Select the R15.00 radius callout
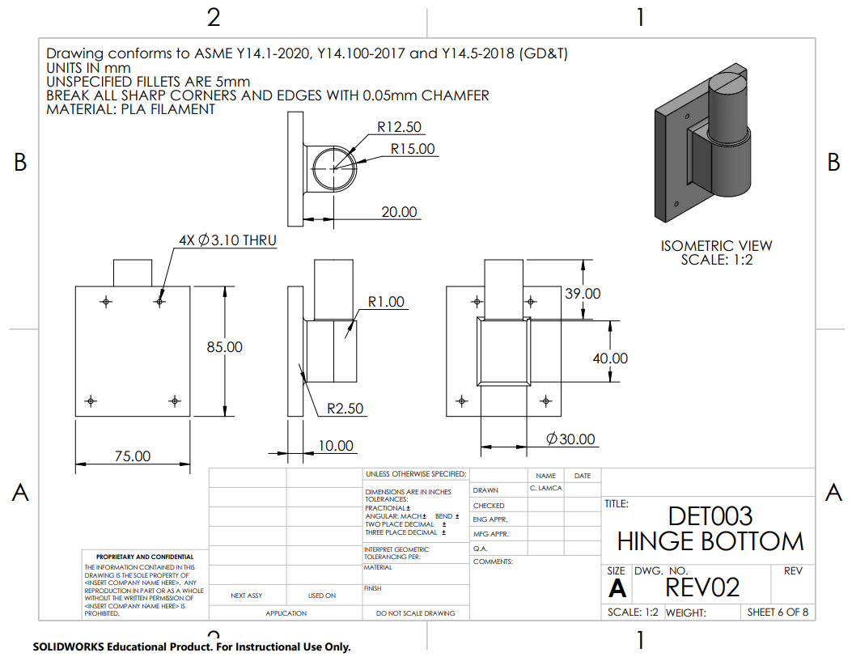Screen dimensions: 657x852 (413, 149)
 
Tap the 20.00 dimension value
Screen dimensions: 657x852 (400, 212)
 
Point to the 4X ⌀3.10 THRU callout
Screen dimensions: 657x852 (227, 240)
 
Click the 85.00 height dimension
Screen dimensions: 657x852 (224, 347)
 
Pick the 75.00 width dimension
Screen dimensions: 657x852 (133, 456)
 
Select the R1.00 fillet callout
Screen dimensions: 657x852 (386, 302)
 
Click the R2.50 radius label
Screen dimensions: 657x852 (345, 409)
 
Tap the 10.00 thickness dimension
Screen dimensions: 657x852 (336, 446)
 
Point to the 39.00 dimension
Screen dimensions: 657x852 (583, 294)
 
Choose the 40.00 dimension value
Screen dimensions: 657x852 (610, 358)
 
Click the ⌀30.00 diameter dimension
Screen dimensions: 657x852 (570, 439)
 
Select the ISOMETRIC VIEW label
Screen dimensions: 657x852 (716, 246)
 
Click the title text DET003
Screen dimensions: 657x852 (710, 516)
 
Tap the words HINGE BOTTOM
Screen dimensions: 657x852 (710, 541)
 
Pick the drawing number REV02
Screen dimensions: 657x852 (702, 587)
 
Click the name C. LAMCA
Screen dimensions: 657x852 (545, 489)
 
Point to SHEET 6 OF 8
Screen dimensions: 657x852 (778, 612)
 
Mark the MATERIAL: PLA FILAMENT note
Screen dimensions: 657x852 (130, 108)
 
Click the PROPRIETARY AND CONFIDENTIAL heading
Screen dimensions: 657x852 (145, 557)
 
